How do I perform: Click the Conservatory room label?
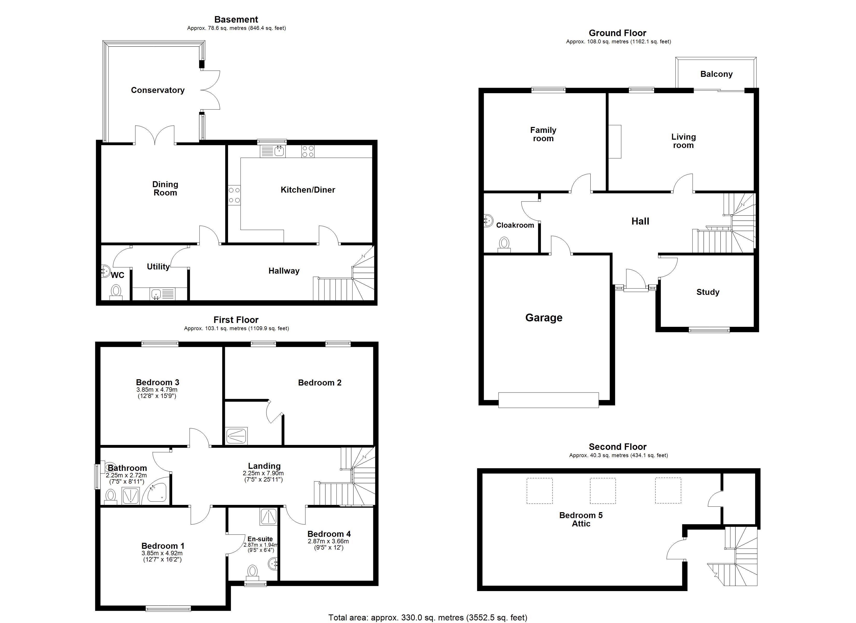pyautogui.click(x=157, y=90)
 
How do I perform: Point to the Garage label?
pyautogui.click(x=543, y=318)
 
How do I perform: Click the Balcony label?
pyautogui.click(x=716, y=74)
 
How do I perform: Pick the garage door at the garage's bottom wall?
pyautogui.click(x=548, y=400)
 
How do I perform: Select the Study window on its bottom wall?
pyautogui.click(x=709, y=330)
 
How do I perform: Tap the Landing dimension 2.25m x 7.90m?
pyautogui.click(x=263, y=473)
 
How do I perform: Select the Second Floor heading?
pyautogui.click(x=617, y=446)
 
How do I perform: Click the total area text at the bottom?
pyautogui.click(x=428, y=617)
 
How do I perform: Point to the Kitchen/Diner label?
pyautogui.click(x=308, y=190)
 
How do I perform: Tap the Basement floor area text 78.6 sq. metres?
pyautogui.click(x=236, y=28)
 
